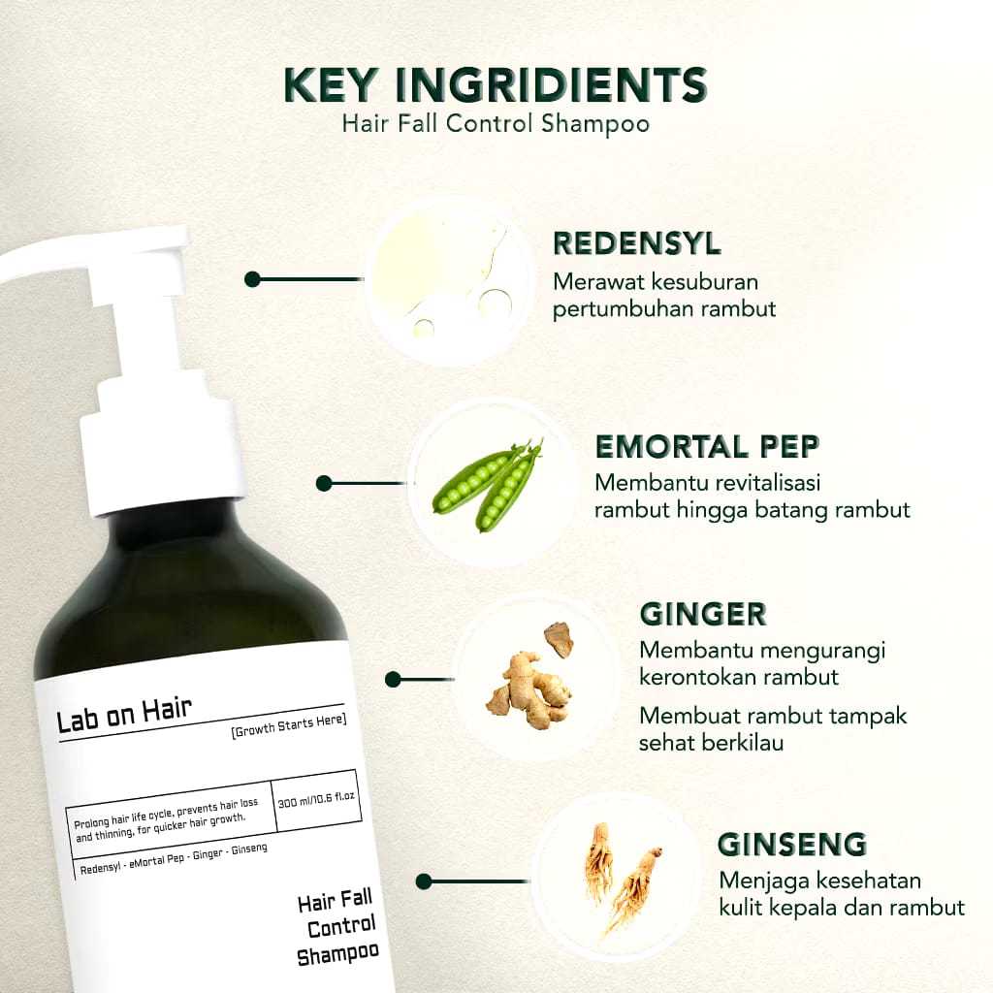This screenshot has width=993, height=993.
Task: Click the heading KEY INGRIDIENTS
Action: point(496,85)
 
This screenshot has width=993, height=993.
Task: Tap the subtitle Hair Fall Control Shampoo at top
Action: point(496,125)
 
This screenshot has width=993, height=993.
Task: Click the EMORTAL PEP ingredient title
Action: point(707,447)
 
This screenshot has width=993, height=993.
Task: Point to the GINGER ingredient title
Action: point(703,614)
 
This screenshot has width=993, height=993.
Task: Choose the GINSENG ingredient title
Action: point(792,844)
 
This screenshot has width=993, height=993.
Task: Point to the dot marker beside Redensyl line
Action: point(252,279)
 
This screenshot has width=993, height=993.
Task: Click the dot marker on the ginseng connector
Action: point(423,881)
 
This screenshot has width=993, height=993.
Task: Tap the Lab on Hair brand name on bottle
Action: point(124,720)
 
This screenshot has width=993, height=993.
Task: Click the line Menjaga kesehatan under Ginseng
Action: point(820,881)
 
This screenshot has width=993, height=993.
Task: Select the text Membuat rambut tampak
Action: point(773,717)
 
